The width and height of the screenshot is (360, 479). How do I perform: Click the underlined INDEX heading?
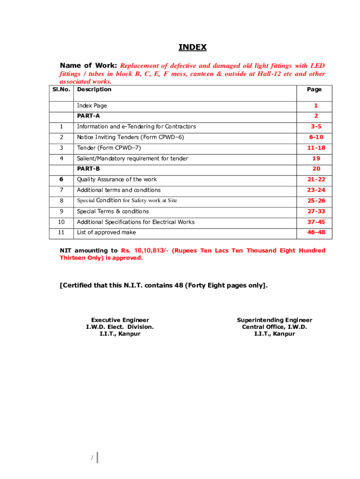click(x=192, y=48)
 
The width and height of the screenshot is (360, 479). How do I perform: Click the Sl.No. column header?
click(x=62, y=89)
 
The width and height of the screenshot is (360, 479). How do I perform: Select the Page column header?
click(x=314, y=89)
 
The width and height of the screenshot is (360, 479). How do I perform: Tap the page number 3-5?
click(x=316, y=127)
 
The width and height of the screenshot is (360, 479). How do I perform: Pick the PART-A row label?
click(x=88, y=116)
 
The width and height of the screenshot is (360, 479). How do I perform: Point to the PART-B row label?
click(x=88, y=169)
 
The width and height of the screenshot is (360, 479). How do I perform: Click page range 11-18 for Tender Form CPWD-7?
click(x=316, y=148)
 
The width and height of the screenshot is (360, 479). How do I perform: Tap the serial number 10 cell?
click(x=62, y=222)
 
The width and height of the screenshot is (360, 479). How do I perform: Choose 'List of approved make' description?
click(x=107, y=232)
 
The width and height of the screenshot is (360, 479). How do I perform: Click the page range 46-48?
click(x=316, y=232)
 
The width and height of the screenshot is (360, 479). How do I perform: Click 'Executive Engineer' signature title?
click(x=120, y=320)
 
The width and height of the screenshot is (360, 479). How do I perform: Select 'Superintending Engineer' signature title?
click(x=274, y=320)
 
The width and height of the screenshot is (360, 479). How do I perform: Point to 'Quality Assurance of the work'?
click(x=117, y=180)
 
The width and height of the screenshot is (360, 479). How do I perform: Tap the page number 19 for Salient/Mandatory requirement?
click(x=316, y=159)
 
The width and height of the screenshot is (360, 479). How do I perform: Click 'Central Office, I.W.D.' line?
click(x=274, y=327)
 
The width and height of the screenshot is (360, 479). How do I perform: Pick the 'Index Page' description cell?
click(x=92, y=106)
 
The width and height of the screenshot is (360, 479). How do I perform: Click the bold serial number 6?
click(x=61, y=180)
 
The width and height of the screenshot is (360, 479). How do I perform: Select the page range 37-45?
click(x=316, y=222)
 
